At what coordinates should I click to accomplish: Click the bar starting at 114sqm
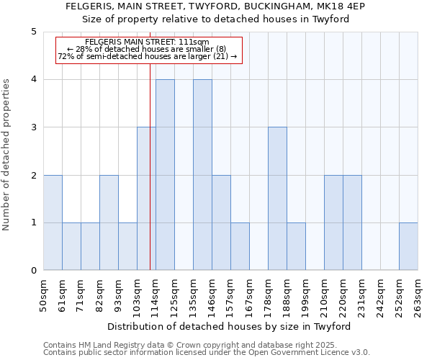(x=165, y=175)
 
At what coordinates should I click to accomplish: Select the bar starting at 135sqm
(x=202, y=175)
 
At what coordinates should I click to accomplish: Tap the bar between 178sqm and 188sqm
(x=277, y=199)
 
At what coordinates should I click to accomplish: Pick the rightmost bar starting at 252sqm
(x=408, y=246)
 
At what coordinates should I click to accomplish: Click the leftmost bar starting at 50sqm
(x=53, y=222)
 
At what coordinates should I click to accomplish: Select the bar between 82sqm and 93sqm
(x=109, y=222)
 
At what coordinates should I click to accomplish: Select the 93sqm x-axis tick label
(x=119, y=293)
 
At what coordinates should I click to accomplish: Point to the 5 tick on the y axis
(x=34, y=32)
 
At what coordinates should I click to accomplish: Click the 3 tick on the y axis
(x=34, y=127)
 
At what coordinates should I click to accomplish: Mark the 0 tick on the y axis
(x=34, y=271)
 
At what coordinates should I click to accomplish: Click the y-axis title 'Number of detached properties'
(x=7, y=155)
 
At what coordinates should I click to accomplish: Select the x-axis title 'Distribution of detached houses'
(x=230, y=326)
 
